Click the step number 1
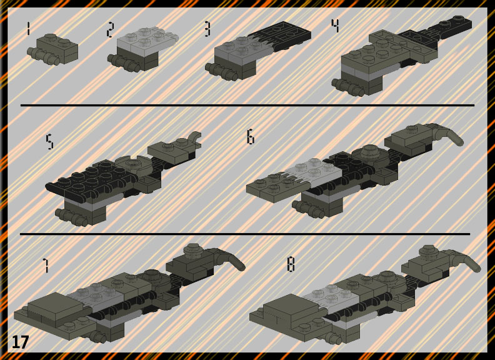28,28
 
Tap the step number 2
110,29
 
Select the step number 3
207,29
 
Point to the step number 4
335,26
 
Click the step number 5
49,141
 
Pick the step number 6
251,137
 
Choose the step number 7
46,265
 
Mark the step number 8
291,264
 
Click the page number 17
20,342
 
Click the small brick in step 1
53,49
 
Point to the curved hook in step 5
194,138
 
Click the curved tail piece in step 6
448,134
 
